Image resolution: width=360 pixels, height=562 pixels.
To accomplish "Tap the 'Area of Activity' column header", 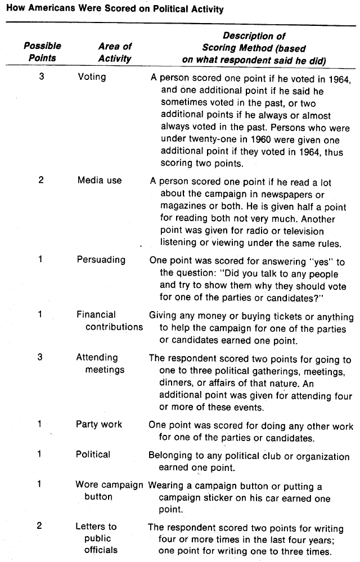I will click(x=114, y=52).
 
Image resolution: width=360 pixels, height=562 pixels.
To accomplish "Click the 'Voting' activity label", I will click(x=92, y=76).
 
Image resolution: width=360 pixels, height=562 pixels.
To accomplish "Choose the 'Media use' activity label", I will click(x=99, y=181).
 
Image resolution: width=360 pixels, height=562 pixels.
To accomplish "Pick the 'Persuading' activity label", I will click(x=101, y=260).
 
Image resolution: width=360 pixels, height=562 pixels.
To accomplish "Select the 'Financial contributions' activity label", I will click(x=110, y=321).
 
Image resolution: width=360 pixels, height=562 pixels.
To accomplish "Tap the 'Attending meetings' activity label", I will click(x=101, y=363).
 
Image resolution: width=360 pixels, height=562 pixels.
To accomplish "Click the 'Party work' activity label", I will click(x=99, y=424).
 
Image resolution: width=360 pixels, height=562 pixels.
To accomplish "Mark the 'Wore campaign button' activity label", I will click(x=110, y=491).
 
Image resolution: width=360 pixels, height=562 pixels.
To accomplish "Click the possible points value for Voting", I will click(x=41, y=76).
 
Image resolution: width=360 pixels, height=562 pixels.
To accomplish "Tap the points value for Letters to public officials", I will click(x=39, y=526).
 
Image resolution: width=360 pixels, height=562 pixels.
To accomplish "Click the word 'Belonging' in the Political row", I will click(x=171, y=454).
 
